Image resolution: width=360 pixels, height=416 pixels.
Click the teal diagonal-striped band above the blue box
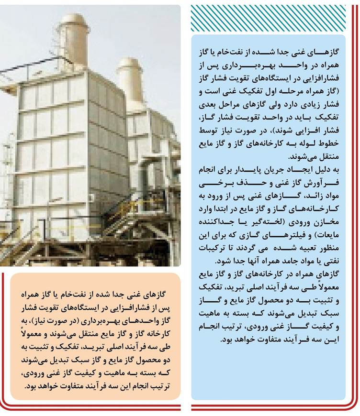pos(268,18)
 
